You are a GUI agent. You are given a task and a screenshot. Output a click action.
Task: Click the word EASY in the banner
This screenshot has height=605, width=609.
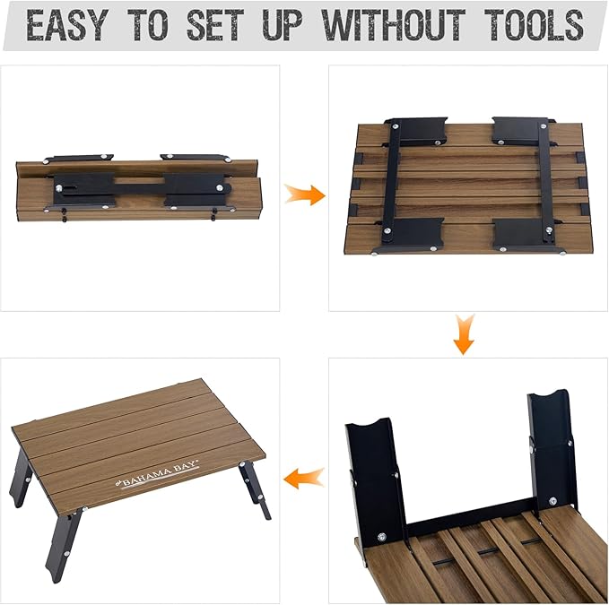[x=66, y=25]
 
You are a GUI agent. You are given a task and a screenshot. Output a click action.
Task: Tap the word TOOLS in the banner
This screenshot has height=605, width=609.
[x=534, y=25]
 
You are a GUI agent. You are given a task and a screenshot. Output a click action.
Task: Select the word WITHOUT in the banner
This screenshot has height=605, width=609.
[x=394, y=25]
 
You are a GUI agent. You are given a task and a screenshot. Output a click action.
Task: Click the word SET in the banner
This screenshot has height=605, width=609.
[x=214, y=25]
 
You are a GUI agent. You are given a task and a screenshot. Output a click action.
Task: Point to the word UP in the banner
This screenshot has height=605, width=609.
[x=283, y=25]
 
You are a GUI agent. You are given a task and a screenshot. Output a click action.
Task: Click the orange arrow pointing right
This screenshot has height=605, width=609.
[x=305, y=194]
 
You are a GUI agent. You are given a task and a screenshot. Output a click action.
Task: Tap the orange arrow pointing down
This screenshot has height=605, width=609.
[x=464, y=334]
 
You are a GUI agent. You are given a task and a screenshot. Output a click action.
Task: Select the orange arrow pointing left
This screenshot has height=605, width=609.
[x=304, y=478]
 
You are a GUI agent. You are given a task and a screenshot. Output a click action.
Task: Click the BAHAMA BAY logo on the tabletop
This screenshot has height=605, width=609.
[x=158, y=475]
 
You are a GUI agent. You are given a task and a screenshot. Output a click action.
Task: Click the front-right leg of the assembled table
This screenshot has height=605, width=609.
[x=255, y=489]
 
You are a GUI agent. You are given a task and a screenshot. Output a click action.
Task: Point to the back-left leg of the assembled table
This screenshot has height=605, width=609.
[x=22, y=480]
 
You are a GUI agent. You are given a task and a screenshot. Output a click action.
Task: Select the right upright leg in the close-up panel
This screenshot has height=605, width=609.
[x=552, y=450]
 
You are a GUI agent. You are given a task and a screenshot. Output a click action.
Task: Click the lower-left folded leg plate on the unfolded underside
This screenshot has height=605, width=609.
[x=412, y=235]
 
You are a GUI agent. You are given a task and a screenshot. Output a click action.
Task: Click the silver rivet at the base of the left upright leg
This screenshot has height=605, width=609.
[x=382, y=537]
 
